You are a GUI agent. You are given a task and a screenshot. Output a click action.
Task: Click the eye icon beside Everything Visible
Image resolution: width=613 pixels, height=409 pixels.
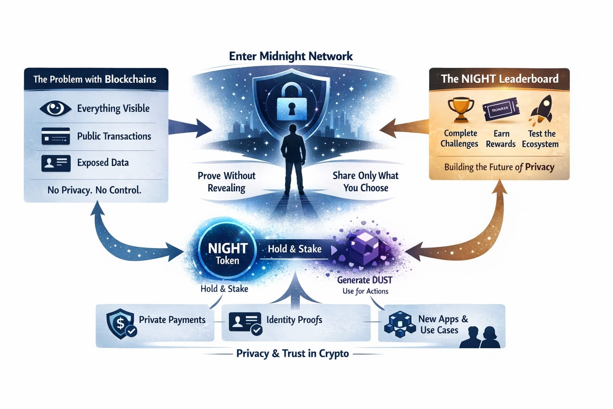(x=55, y=108)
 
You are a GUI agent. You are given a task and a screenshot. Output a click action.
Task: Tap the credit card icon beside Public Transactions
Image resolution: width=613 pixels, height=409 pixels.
(x=55, y=136)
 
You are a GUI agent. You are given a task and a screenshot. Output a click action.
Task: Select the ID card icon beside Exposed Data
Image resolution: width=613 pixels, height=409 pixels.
(x=56, y=163)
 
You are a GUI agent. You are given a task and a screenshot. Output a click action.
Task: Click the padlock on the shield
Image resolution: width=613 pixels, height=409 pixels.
(x=291, y=102)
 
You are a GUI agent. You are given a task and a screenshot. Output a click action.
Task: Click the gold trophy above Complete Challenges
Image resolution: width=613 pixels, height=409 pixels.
(x=461, y=109)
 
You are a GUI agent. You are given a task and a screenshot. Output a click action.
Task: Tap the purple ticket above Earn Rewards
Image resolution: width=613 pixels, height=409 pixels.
(x=500, y=109)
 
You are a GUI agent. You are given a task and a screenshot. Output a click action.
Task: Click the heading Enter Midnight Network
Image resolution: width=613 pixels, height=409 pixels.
(x=291, y=56)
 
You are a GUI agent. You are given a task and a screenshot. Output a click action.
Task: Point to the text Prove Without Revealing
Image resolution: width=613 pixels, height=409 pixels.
(x=226, y=182)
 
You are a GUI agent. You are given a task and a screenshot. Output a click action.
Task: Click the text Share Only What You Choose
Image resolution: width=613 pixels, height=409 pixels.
(x=365, y=182)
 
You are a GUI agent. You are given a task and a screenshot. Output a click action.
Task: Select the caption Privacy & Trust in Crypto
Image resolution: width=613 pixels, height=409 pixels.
(x=293, y=353)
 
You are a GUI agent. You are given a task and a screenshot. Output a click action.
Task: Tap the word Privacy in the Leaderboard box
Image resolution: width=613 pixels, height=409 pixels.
(x=540, y=167)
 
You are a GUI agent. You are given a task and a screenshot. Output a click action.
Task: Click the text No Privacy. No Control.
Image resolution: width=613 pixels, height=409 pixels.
(x=94, y=190)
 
